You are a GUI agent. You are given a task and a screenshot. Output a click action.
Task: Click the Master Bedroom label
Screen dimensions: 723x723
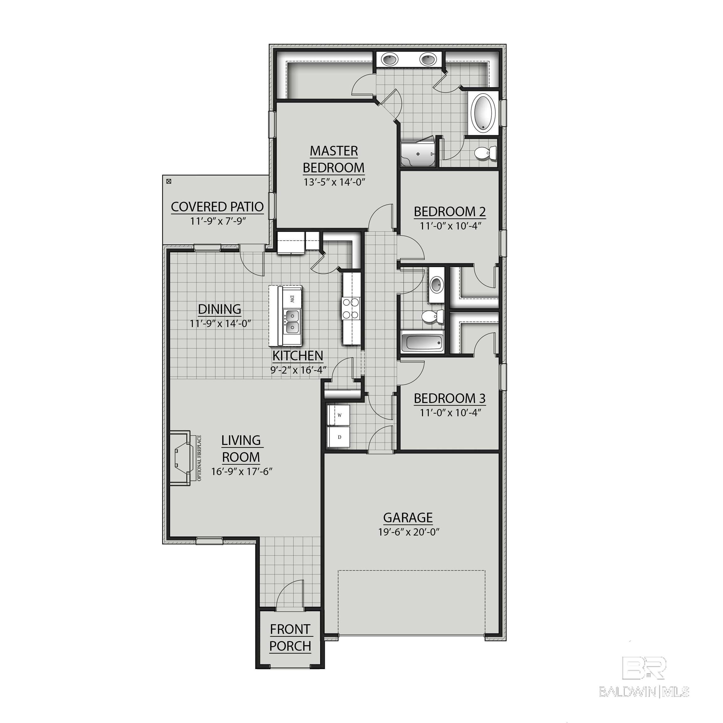334,159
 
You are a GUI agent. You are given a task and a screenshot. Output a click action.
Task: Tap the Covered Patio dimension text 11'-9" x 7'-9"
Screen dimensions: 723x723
218,221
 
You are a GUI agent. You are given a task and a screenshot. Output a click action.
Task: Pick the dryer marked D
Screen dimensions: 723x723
340,437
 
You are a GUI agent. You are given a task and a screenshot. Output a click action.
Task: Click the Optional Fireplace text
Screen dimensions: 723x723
200,458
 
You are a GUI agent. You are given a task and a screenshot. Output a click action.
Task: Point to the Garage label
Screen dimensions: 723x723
408,517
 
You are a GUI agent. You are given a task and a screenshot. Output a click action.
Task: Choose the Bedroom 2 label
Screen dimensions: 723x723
449,212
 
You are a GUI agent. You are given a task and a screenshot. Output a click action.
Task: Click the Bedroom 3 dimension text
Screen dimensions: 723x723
450,413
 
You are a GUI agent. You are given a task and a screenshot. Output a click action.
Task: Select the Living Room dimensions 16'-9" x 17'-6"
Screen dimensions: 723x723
241,472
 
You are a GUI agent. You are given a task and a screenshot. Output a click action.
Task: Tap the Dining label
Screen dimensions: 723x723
219,309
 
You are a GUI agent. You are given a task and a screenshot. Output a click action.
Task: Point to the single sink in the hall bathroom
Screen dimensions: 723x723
436,284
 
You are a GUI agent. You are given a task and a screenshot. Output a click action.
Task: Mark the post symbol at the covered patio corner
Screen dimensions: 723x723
169,181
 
